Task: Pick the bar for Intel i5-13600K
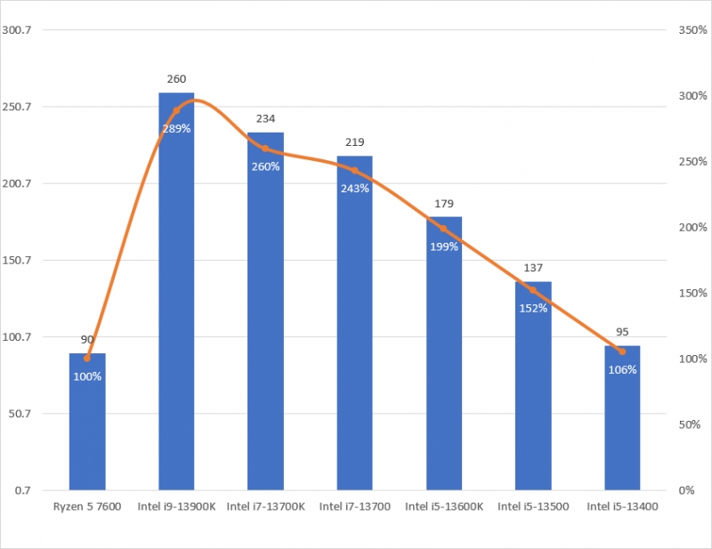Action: pos(444,356)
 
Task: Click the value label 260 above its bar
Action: pos(176,79)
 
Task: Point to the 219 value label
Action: pos(354,142)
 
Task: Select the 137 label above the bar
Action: pos(533,268)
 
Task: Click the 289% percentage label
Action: pos(176,128)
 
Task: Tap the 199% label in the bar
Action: pos(444,246)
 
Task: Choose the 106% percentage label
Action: pos(622,369)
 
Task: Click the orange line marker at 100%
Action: pos(87,359)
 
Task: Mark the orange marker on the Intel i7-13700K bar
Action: pos(265,149)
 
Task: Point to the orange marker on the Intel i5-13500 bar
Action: pos(533,290)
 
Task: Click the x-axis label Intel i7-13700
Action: pos(354,507)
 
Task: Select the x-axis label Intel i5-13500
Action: pos(533,507)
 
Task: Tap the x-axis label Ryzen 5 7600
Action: pos(87,507)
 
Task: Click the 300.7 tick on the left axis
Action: pos(20,30)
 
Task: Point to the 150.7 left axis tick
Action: pos(20,261)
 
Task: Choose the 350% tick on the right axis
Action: pos(691,30)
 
